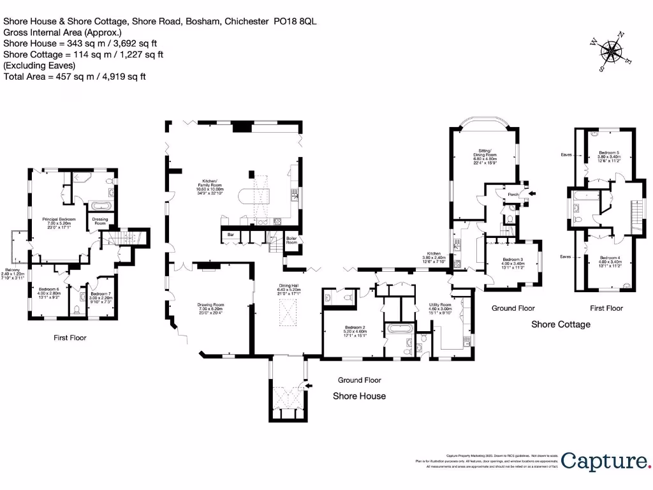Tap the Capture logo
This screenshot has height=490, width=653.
pyautogui.click(x=605, y=461)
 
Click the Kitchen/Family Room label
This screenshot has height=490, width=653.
pyautogui.click(x=210, y=186)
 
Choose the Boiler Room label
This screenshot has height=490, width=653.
pyautogui.click(x=291, y=241)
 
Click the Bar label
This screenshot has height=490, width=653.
pyautogui.click(x=230, y=234)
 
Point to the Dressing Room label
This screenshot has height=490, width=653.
pyautogui.click(x=100, y=221)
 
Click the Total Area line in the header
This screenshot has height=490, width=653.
pyautogui.click(x=75, y=77)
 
